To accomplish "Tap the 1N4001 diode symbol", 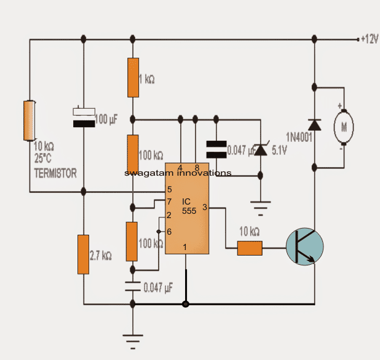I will [314, 123].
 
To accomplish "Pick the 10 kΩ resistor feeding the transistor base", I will [250, 248].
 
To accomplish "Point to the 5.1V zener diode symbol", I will [261, 147].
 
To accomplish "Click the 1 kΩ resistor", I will [133, 77].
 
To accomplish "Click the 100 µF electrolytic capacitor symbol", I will [84, 117].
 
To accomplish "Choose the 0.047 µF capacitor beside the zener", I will [215, 148].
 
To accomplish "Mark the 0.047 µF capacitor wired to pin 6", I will [133, 286].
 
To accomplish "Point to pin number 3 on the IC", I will [204, 208].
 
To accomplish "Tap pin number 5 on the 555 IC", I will [168, 190].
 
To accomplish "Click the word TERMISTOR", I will [55, 174].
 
